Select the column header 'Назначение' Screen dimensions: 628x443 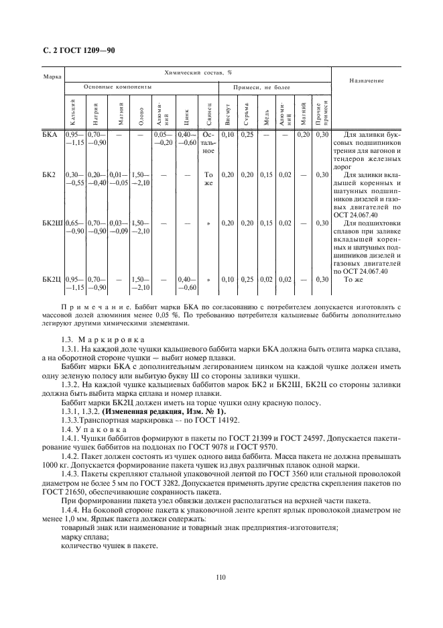366,81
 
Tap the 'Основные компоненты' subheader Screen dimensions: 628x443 117,87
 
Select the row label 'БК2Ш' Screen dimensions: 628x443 53,222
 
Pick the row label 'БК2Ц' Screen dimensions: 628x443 53,278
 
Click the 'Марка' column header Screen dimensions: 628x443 52,77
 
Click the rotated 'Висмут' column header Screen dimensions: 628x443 229,113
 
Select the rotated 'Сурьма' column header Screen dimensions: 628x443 247,113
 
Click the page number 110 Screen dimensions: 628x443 221,576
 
